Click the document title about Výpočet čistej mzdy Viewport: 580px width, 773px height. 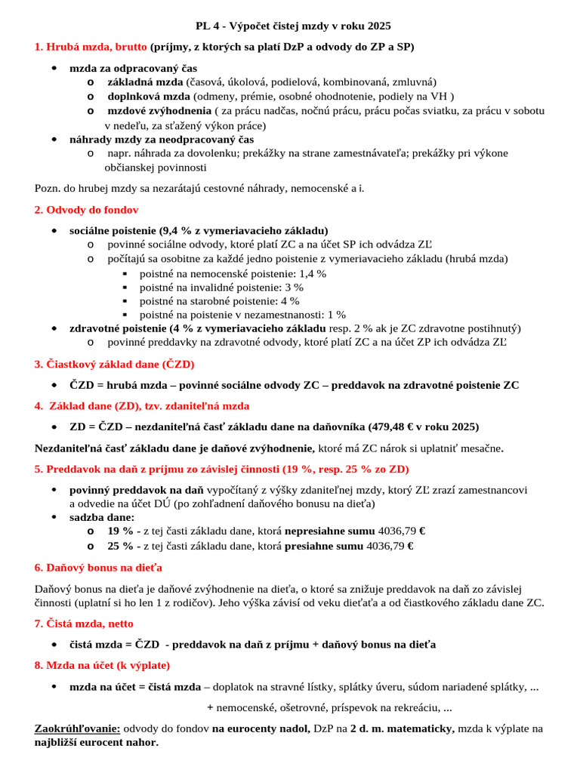point(289,26)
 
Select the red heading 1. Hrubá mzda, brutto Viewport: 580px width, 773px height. point(91,47)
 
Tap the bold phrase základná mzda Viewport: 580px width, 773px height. point(146,82)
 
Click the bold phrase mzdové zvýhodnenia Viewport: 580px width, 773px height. point(159,110)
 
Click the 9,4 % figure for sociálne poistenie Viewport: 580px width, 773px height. point(177,230)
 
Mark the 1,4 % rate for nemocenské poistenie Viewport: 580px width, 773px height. point(313,273)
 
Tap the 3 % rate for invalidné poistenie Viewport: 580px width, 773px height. point(294,287)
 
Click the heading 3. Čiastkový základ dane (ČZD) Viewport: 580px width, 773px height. point(114,364)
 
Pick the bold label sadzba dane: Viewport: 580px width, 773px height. point(102,517)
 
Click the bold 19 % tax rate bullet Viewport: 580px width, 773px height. point(121,531)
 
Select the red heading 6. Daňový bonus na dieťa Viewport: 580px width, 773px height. point(98,567)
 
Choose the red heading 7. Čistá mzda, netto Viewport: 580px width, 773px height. point(84,624)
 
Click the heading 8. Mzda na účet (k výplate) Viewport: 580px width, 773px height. point(102,665)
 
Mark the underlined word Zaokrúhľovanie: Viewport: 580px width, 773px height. point(77,728)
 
